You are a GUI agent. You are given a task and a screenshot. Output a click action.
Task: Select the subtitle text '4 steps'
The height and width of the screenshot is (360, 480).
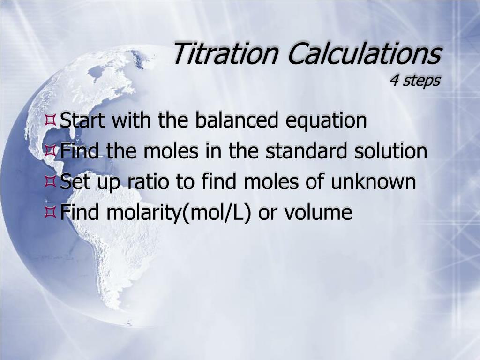point(415,81)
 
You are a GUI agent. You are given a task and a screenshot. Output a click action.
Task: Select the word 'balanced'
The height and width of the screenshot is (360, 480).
point(236,120)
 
